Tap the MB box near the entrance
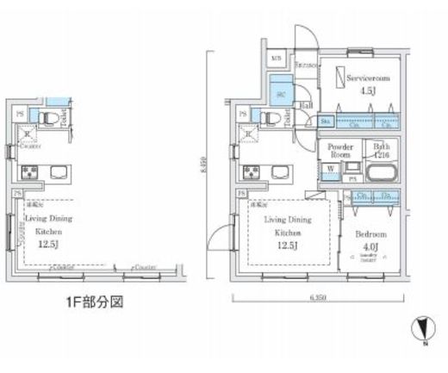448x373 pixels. click(x=277, y=58)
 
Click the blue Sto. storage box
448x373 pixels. click(x=326, y=122)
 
